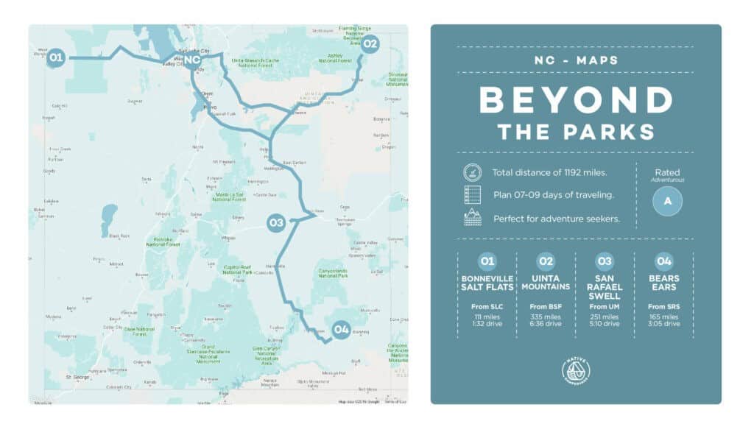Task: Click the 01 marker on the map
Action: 56,57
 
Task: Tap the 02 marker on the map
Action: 370,44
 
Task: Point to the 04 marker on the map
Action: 341,330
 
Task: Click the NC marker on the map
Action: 192,59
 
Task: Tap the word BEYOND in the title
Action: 575,100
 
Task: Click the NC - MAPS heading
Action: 575,60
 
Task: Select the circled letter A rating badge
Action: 667,200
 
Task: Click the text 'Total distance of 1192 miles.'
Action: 550,173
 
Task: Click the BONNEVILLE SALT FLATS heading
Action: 487,283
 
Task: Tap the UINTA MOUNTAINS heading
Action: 546,283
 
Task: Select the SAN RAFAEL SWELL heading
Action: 605,286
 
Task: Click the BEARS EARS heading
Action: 663,283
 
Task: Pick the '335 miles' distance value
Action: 546,316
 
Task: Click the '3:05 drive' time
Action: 663,324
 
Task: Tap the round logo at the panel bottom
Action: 576,371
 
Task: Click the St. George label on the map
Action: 77,378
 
